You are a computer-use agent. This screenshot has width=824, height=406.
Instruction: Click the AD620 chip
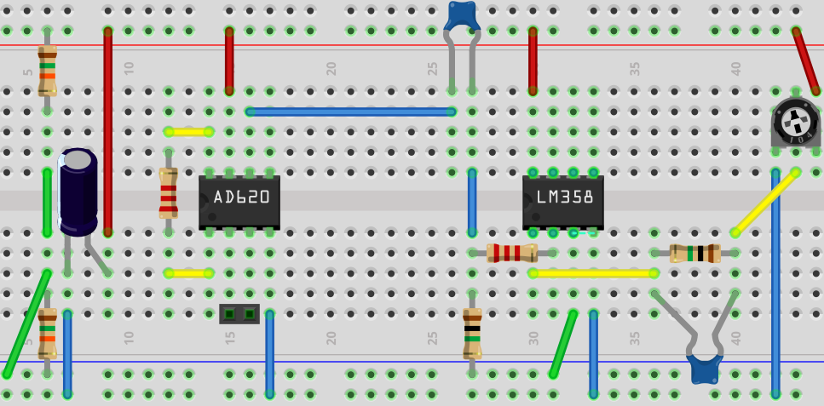pos(239,201)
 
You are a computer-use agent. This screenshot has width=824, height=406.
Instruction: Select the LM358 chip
pos(562,201)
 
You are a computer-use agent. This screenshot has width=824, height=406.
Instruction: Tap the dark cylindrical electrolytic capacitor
pos(78,192)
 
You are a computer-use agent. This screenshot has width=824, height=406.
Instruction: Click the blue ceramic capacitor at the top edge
pos(462,14)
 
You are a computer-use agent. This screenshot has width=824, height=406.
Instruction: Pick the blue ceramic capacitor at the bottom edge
pos(705,369)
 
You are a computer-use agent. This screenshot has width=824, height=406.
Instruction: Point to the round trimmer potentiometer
pos(794,122)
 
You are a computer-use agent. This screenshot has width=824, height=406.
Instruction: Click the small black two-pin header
pos(239,314)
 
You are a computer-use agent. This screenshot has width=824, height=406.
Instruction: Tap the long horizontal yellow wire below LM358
pos(593,273)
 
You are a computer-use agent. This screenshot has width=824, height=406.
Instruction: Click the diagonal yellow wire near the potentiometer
pos(765,202)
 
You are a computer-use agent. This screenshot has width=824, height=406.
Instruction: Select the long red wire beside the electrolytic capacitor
pos(108,132)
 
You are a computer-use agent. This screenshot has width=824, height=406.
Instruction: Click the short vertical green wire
pos(48,203)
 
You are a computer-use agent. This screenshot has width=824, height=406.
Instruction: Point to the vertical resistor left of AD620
pos(169,193)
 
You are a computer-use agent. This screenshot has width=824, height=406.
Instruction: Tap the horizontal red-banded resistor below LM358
pos(512,253)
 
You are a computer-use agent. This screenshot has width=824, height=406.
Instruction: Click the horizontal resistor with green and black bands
pos(694,253)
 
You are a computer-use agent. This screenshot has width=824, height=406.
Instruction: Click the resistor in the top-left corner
pos(47,70)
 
